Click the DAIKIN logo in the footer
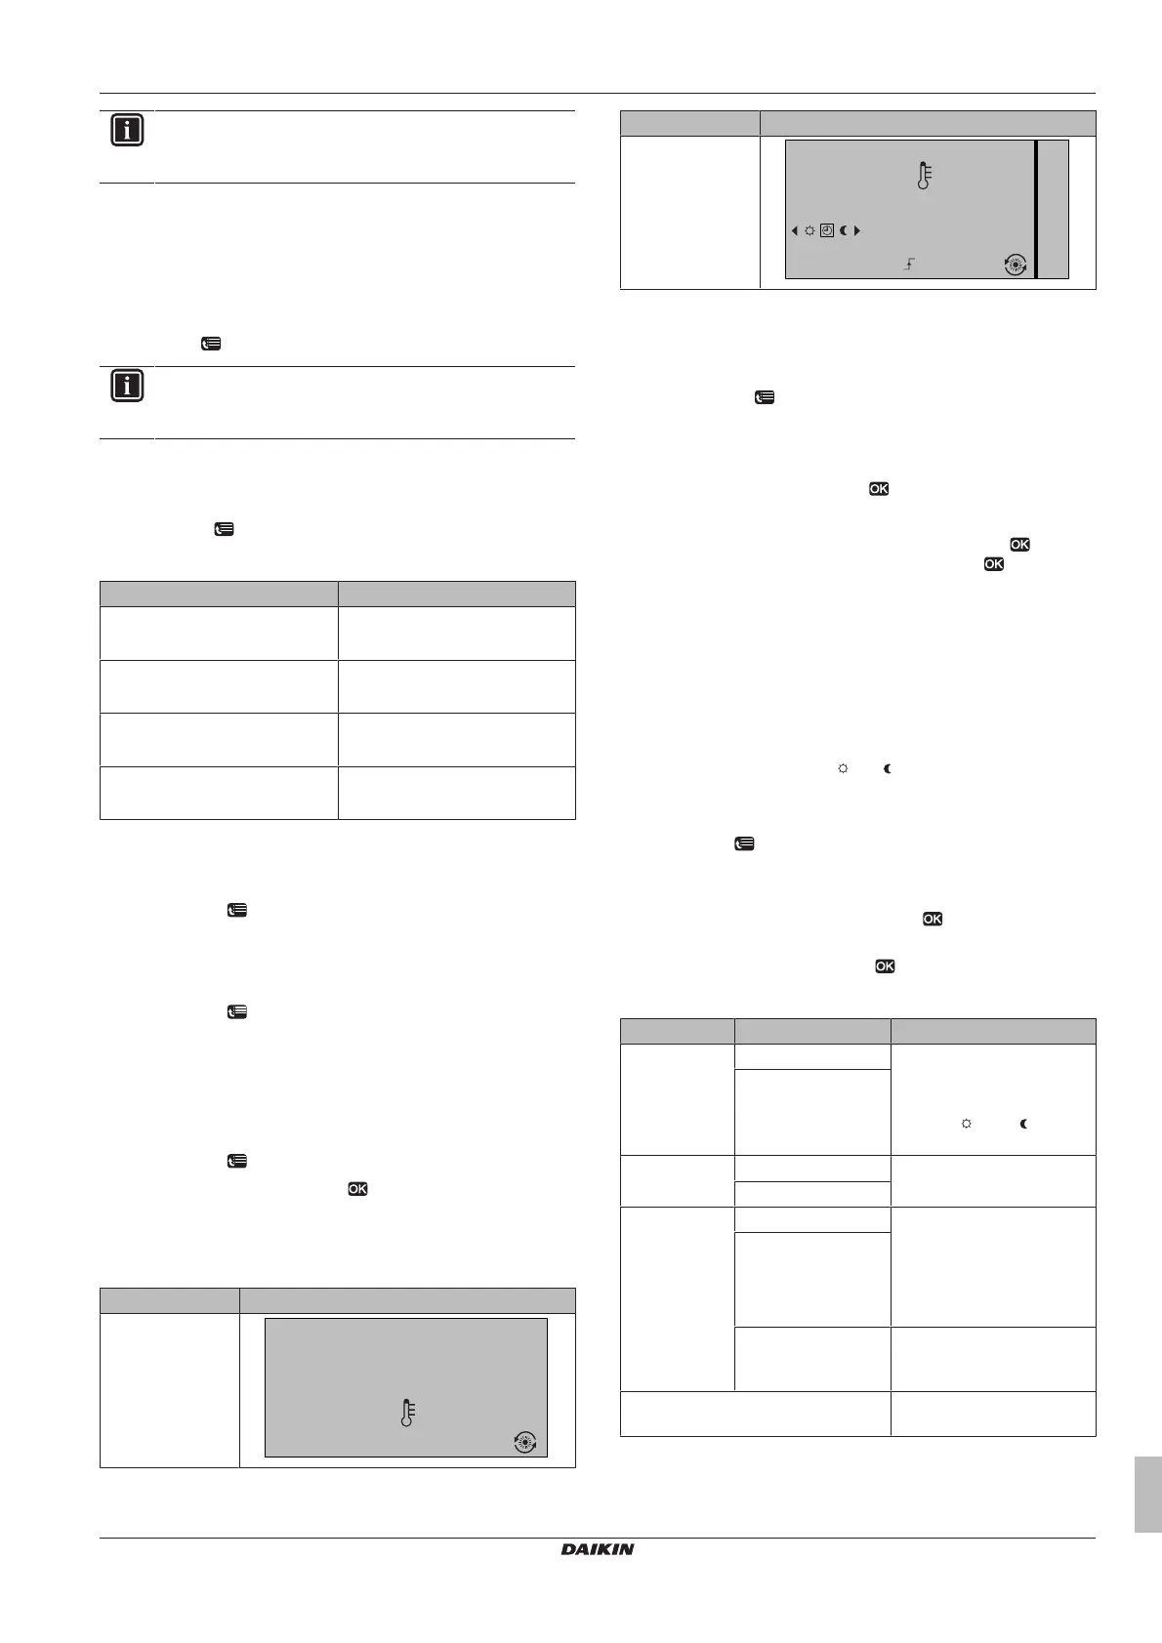click(597, 1548)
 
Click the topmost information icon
click(127, 130)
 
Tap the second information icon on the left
click(127, 387)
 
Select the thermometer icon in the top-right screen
click(924, 176)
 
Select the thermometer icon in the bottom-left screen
click(407, 1413)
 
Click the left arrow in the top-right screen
click(795, 231)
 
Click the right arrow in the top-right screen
click(857, 231)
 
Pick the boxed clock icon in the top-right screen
click(826, 231)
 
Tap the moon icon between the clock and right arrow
click(843, 231)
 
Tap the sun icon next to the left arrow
click(809, 231)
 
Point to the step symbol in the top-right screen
click(908, 264)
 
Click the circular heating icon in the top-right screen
click(1016, 264)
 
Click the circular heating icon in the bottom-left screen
click(525, 1442)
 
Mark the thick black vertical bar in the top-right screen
click(1035, 209)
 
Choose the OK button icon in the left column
click(357, 1188)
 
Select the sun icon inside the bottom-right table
click(966, 1125)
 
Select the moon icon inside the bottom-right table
click(1023, 1125)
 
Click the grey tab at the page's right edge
click(1148, 1494)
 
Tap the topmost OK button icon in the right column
click(878, 489)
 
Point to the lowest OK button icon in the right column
click(885, 965)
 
